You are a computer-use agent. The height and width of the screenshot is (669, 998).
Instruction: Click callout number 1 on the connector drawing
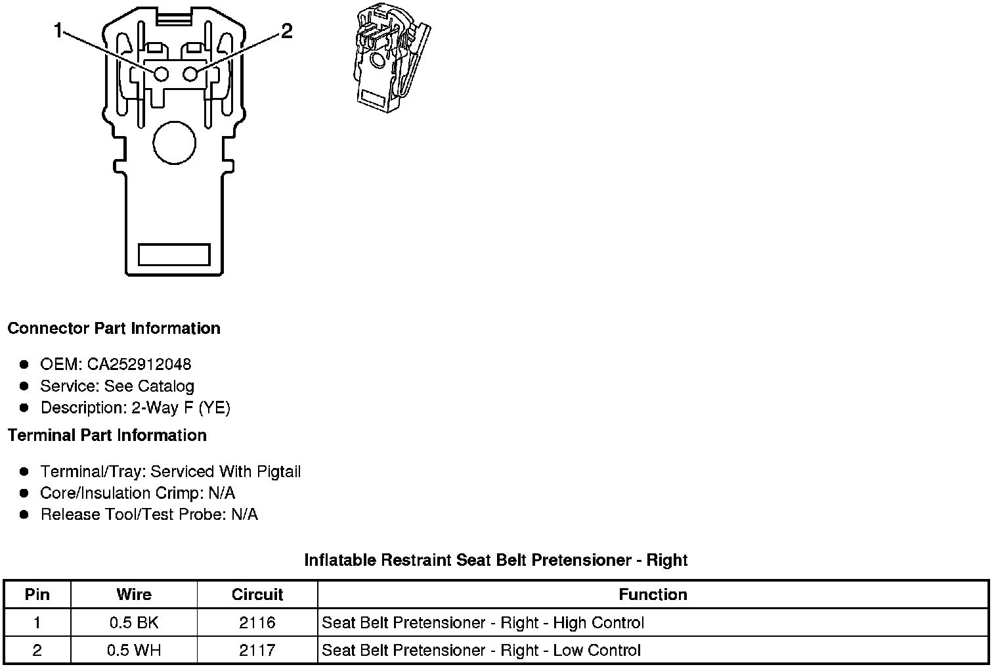(x=59, y=31)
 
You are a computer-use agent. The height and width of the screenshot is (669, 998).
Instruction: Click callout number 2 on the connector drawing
(x=286, y=31)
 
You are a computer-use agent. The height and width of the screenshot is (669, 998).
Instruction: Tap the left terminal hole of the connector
(x=161, y=74)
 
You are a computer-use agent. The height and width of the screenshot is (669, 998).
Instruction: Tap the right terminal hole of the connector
(x=190, y=74)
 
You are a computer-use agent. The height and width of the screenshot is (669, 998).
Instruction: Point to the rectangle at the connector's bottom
(x=174, y=255)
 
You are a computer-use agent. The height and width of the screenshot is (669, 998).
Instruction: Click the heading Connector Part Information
(x=114, y=329)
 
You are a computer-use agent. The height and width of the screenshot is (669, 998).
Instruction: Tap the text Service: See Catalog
(x=117, y=386)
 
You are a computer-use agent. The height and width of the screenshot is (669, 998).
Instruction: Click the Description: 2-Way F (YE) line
(x=135, y=407)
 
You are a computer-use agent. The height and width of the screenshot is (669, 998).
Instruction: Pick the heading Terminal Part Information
(x=107, y=435)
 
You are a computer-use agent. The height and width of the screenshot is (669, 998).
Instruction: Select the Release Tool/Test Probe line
(x=149, y=514)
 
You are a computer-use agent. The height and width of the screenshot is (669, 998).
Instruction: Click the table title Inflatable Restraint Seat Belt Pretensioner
(x=496, y=560)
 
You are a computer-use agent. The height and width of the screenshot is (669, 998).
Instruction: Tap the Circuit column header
(x=257, y=595)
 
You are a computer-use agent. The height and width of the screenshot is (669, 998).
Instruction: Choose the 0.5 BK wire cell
(x=134, y=622)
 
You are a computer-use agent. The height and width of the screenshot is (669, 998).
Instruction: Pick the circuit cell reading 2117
(x=257, y=650)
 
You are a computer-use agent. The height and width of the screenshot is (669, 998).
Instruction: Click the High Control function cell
(x=483, y=622)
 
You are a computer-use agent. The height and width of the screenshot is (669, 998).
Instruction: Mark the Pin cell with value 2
(x=37, y=650)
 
